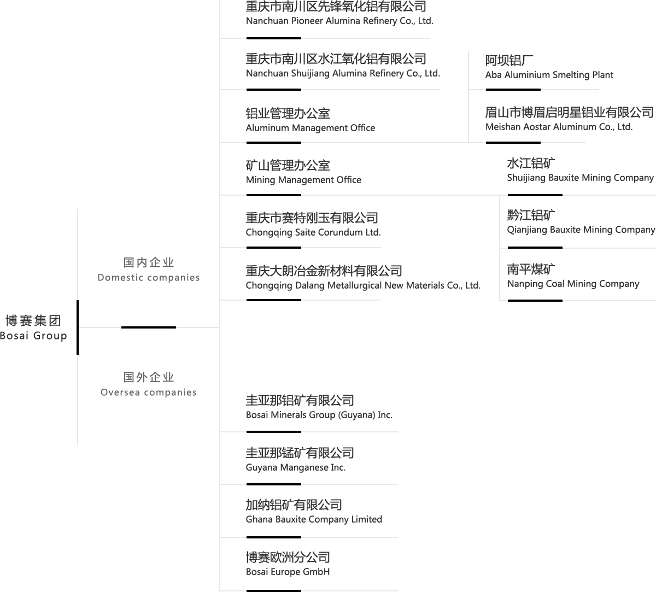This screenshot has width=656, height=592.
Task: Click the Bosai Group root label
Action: coord(34,328)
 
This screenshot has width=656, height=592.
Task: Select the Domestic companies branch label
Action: coord(149,270)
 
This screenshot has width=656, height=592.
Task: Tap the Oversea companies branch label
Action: coord(149,385)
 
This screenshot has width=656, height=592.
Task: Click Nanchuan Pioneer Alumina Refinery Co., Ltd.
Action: coord(339,14)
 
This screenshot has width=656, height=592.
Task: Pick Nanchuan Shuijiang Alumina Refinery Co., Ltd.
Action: coord(342,66)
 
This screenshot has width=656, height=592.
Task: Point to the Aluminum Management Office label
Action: coord(310,121)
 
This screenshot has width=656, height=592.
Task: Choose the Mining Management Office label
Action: coord(303,173)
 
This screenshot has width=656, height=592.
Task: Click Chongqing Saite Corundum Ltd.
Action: coord(313,225)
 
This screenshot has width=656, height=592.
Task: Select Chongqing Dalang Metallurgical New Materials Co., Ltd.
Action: coord(362,278)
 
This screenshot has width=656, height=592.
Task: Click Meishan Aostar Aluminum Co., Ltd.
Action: coord(569,120)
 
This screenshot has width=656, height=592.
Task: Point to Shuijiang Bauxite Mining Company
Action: coord(580,171)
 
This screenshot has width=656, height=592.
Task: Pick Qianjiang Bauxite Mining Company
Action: coord(581,222)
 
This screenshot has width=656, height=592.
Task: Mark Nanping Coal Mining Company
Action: coord(573,277)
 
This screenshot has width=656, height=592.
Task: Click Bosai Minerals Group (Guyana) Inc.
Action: coord(319,408)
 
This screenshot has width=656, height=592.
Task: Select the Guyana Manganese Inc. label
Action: coord(300,460)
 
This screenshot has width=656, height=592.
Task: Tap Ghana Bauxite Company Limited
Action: coord(314,512)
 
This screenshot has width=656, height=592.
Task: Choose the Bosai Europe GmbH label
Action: coord(288,565)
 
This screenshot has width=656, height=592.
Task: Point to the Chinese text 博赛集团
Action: coord(33,320)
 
